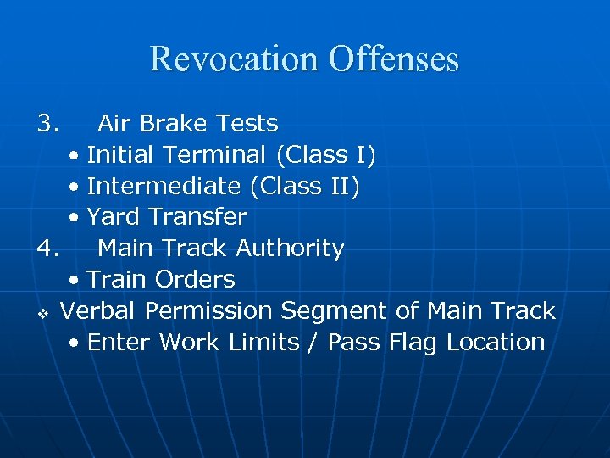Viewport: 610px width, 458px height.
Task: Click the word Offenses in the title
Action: tap(393, 59)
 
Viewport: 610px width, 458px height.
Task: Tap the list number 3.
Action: tap(47, 124)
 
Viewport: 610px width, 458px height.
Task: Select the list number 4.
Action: tap(47, 249)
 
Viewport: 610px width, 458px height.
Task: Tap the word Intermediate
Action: tap(164, 187)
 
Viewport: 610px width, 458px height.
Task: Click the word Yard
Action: tap(114, 217)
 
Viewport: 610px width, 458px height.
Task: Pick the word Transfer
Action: tap(197, 217)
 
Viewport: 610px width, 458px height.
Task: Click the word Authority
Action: tap(290, 249)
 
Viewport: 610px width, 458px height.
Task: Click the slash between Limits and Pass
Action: tap(313, 343)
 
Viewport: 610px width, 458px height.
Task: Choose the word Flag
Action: tap(412, 343)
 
